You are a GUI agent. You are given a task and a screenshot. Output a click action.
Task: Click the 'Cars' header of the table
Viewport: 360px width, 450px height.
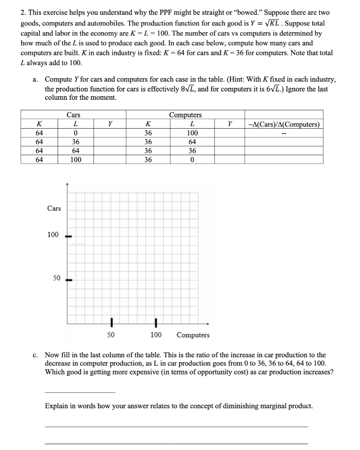[73, 115]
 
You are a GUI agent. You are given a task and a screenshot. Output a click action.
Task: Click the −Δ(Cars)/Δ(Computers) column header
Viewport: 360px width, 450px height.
[284, 124]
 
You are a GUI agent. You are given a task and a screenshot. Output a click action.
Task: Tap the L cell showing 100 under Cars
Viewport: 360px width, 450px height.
[76, 160]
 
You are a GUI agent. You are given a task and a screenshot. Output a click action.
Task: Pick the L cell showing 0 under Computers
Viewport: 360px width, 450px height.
[192, 160]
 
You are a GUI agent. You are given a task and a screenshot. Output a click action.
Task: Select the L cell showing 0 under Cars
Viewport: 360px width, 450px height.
[76, 133]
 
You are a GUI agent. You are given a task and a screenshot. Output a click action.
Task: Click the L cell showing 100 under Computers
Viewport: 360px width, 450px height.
[192, 133]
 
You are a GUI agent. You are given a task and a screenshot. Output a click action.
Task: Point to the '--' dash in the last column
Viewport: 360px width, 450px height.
[284, 133]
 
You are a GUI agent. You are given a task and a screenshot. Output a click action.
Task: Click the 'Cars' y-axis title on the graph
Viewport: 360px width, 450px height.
[54, 208]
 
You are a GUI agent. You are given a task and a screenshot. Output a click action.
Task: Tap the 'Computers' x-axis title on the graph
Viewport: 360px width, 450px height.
[193, 335]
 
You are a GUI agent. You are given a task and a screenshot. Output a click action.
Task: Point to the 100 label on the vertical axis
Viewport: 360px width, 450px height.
[53, 235]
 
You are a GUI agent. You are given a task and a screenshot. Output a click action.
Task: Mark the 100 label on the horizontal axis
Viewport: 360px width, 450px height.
[156, 335]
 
